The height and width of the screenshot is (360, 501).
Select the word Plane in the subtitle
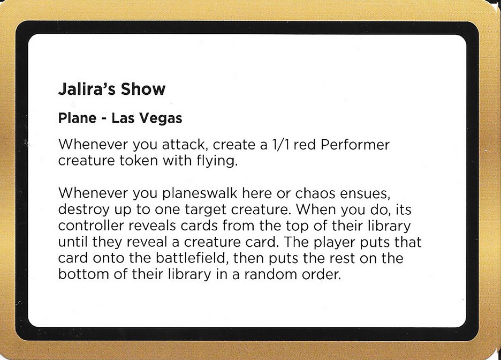pyautogui.click(x=77, y=119)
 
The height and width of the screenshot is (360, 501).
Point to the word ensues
pyautogui.click(x=375, y=193)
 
